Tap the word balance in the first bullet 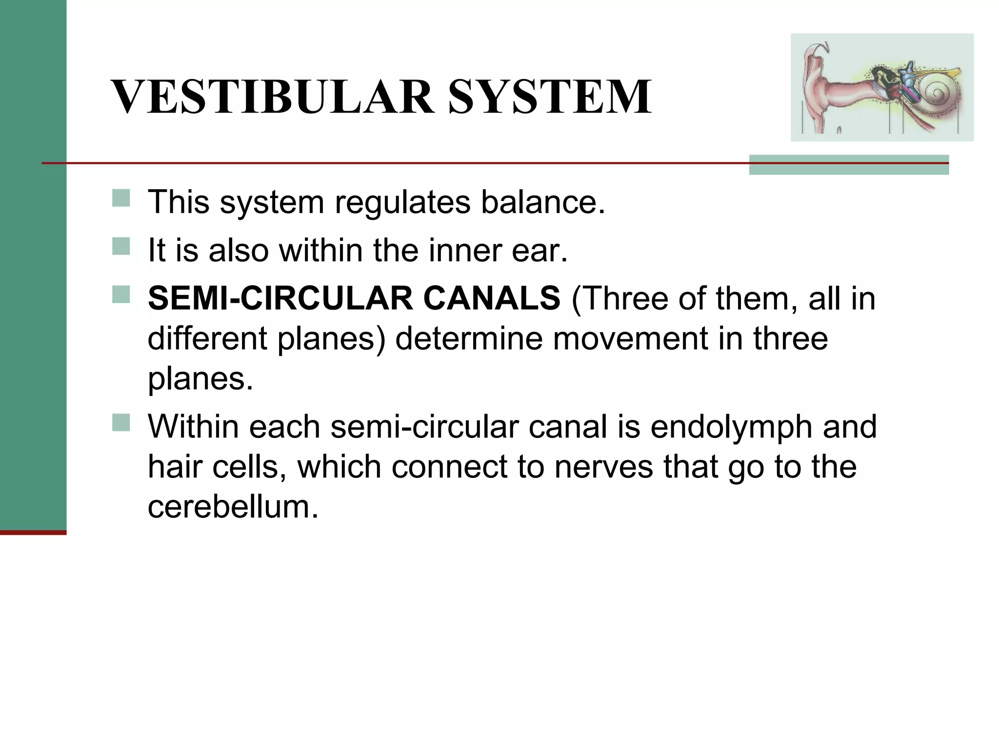pyautogui.click(x=542, y=202)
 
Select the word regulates pyautogui.click(x=402, y=202)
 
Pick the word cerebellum pyautogui.click(x=233, y=507)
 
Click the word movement pyautogui.click(x=630, y=338)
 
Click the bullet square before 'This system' pyautogui.click(x=121, y=198)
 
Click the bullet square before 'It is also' pyautogui.click(x=121, y=246)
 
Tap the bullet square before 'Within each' pyautogui.click(x=121, y=423)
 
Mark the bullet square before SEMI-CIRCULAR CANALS pyautogui.click(x=121, y=295)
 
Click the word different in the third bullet pyautogui.click(x=207, y=338)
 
